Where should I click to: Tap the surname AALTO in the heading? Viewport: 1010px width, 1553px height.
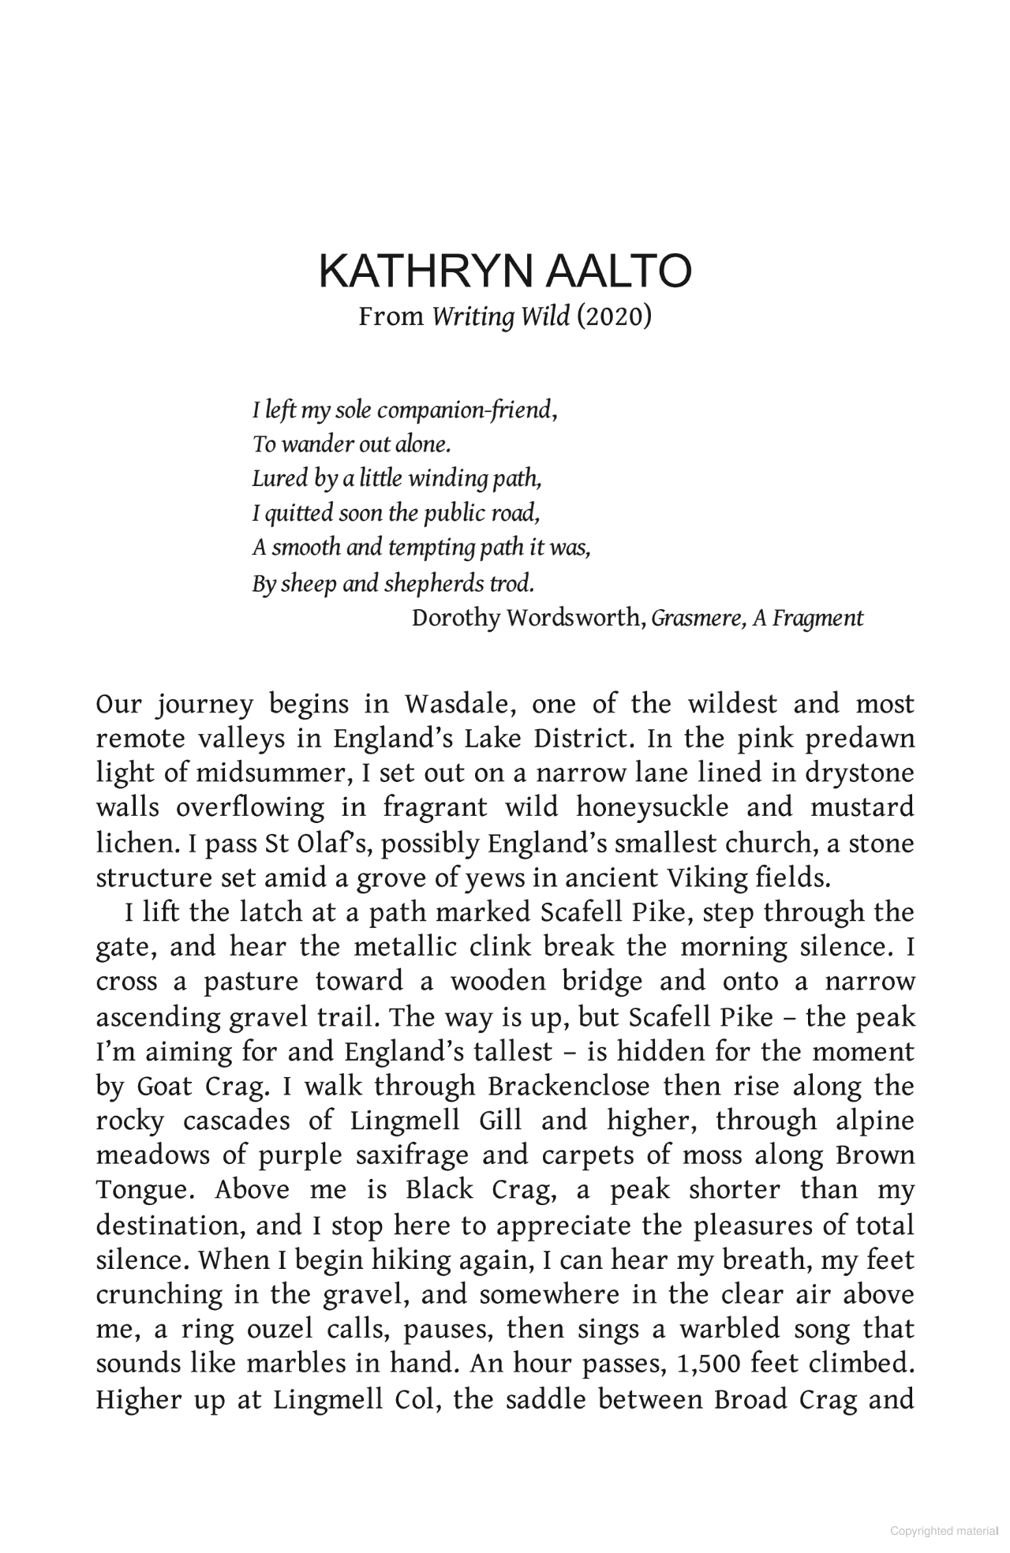(x=618, y=271)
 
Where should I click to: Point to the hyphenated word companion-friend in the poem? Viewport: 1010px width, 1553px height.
(x=464, y=410)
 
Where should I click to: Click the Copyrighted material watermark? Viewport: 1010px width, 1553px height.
(x=944, y=1532)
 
